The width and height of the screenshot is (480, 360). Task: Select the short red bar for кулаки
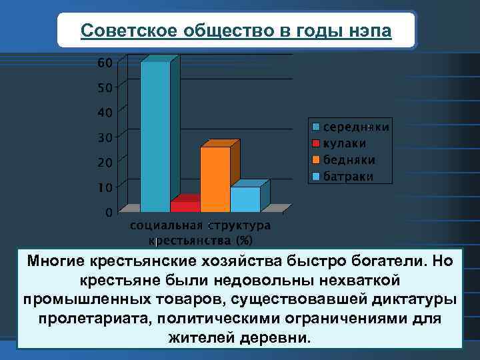pos(185,207)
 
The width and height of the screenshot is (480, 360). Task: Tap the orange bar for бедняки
pos(215,179)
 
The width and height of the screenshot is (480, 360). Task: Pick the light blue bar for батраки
pos(245,199)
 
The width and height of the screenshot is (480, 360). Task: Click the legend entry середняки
pos(356,127)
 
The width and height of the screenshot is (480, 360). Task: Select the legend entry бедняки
pos(349,160)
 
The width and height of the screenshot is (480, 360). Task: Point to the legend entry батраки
pos(348,177)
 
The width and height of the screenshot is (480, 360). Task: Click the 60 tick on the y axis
pos(105,63)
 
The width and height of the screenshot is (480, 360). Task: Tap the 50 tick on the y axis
pos(105,88)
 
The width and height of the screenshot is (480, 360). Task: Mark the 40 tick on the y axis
pos(105,113)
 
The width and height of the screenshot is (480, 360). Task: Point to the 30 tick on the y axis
pos(105,137)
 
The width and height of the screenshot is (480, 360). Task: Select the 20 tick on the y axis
pos(105,163)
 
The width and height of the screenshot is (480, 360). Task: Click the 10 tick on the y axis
pos(105,187)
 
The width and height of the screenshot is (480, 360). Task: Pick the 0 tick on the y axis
pos(108,213)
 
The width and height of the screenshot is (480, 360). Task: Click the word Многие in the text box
pos(54,260)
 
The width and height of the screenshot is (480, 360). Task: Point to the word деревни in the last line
pos(278,337)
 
